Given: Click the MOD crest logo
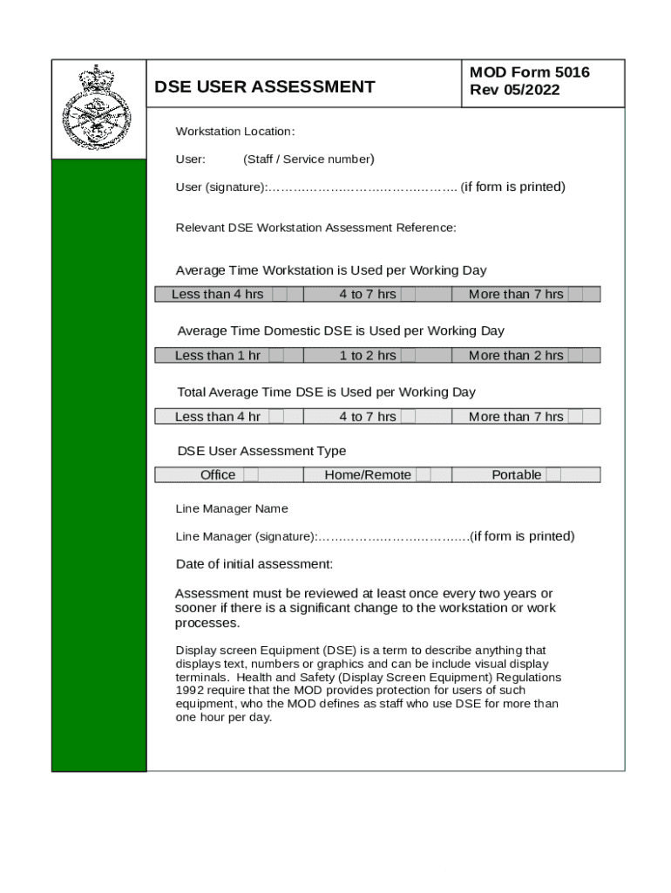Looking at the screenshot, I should pyautogui.click(x=98, y=110).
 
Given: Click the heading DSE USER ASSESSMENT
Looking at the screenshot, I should pyautogui.click(x=264, y=86).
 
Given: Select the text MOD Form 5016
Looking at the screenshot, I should pyautogui.click(x=529, y=72).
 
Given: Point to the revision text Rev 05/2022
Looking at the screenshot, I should pyautogui.click(x=514, y=91).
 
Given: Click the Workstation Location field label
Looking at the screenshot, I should pyautogui.click(x=235, y=132).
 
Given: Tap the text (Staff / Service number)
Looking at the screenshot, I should pyautogui.click(x=308, y=159).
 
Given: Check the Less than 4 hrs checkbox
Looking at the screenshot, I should pyautogui.click(x=280, y=295).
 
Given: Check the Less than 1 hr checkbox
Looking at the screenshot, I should pyautogui.click(x=276, y=356).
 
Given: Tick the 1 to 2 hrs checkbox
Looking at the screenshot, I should pyautogui.click(x=408, y=356).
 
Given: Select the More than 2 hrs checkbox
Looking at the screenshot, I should pyautogui.click(x=575, y=356).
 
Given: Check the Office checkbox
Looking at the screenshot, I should pyautogui.click(x=250, y=475).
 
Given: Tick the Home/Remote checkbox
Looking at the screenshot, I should pyautogui.click(x=424, y=475).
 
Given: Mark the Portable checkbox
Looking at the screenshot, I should pyautogui.click(x=553, y=475).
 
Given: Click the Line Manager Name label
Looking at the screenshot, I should pyautogui.click(x=232, y=508).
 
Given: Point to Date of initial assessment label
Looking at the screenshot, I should pyautogui.click(x=254, y=564).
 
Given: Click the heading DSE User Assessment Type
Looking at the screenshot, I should pyautogui.click(x=261, y=451).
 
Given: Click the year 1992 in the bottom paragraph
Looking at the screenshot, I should pyautogui.click(x=190, y=691).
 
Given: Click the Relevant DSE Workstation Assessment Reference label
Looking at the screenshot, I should pyautogui.click(x=315, y=228).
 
